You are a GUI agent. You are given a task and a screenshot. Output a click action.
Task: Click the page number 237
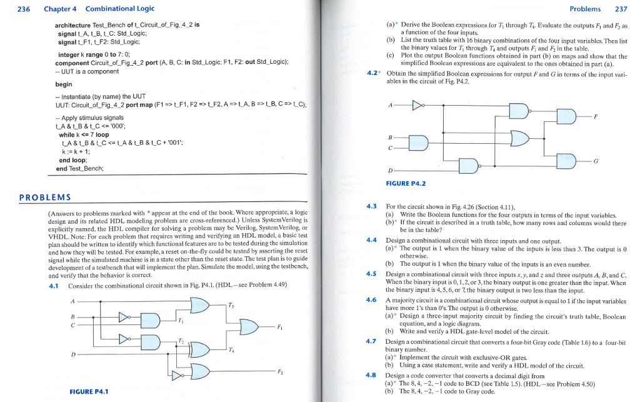point(621,9)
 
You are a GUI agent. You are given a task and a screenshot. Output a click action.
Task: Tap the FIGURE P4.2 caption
point(406,183)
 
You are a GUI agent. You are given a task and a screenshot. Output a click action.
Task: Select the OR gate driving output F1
point(249,327)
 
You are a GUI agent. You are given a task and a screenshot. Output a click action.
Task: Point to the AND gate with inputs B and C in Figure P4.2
point(419,143)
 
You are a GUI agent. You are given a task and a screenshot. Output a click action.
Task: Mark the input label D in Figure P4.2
point(391,170)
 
